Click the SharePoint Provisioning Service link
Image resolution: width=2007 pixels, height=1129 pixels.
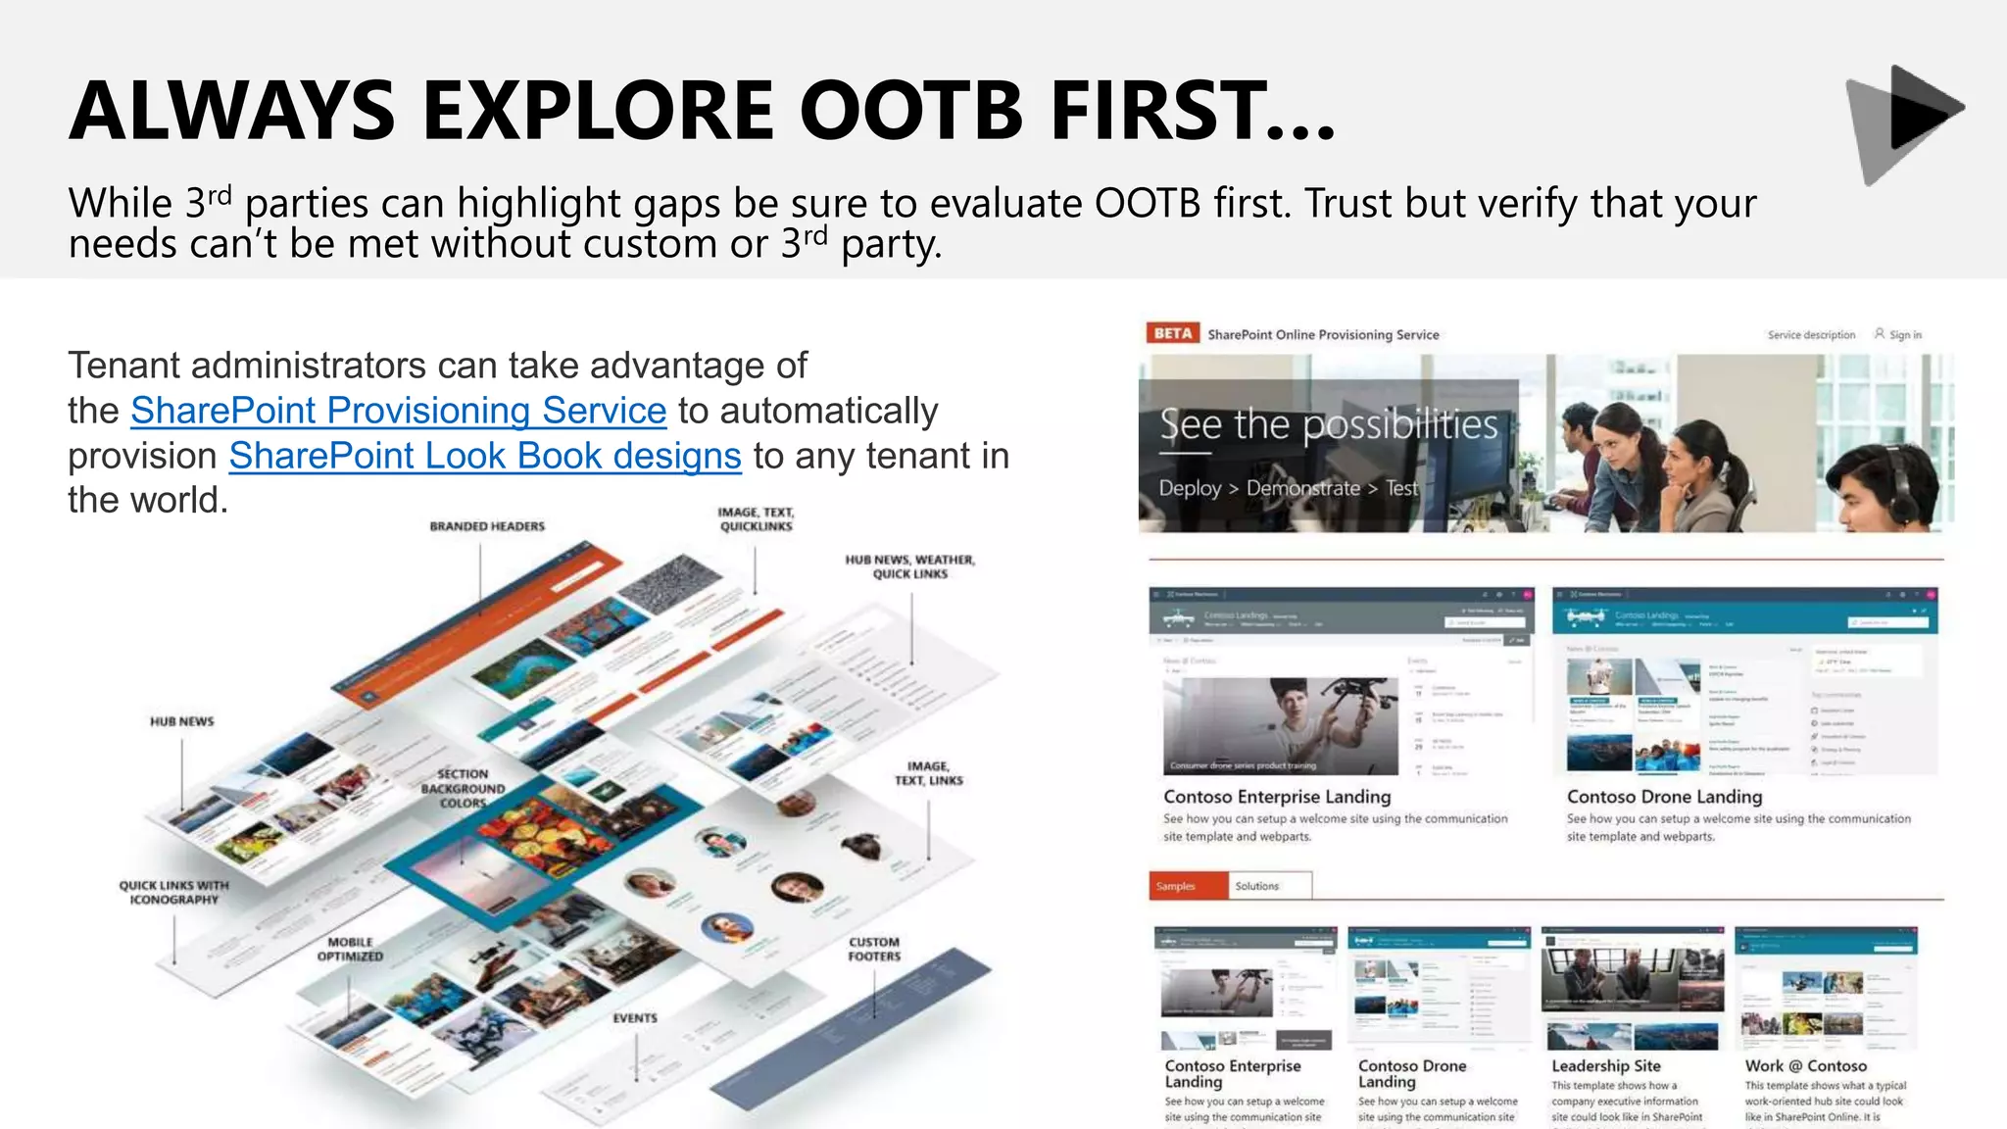[398, 411]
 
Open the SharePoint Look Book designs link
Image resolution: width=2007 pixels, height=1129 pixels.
[485, 456]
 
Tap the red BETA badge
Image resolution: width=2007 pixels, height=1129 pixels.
[1172, 333]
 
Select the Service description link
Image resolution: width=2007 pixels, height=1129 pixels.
[1811, 334]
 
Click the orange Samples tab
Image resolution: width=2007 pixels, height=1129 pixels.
[1187, 886]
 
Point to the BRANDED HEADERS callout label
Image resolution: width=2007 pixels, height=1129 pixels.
[487, 526]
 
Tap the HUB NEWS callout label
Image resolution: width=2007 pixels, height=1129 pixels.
[182, 721]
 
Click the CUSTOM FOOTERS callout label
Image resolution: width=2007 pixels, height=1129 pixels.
[874, 949]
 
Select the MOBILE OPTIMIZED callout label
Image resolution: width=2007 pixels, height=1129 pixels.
[350, 949]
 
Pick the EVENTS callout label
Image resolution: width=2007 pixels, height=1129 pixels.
[635, 1018]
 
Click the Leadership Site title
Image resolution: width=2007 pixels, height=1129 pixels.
[1605, 1065]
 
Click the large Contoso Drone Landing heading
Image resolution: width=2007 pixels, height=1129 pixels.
[1664, 797]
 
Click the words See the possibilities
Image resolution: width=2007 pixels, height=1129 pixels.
[1329, 424]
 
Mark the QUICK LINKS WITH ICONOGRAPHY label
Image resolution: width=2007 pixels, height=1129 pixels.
[174, 892]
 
